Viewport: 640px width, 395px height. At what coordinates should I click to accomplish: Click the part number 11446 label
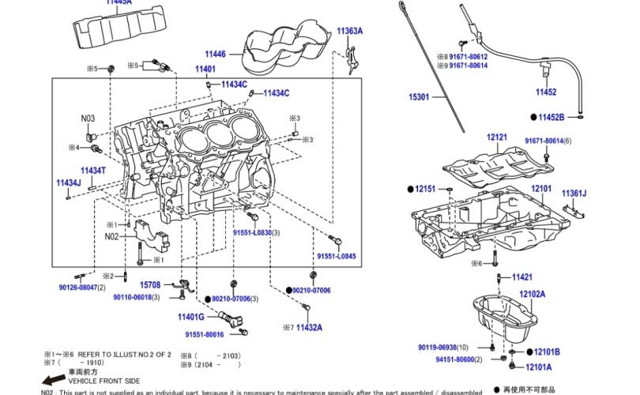coord(215,54)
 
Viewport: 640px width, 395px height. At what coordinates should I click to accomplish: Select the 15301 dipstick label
coord(418,97)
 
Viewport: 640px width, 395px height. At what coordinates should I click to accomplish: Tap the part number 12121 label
coord(497,137)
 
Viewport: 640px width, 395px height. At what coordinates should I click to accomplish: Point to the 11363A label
coord(349,31)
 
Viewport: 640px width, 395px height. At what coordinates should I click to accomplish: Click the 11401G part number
coord(190,317)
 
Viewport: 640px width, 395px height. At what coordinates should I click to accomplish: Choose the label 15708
coord(150,284)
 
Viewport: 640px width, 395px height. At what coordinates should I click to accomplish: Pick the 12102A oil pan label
coord(532,294)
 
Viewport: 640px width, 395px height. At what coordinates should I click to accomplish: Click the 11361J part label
coord(574,193)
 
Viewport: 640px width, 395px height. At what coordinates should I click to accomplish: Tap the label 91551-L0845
coord(337,257)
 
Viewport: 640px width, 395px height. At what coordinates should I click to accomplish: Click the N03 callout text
coord(88,119)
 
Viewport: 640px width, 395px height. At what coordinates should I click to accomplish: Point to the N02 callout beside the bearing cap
coord(111,235)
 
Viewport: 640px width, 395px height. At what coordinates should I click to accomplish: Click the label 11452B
coord(551,117)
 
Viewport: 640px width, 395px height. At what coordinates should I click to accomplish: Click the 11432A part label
coord(309,326)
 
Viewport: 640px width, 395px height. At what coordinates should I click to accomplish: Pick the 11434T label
coord(92,170)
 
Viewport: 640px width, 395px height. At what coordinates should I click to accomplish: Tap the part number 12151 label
coord(425,189)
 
